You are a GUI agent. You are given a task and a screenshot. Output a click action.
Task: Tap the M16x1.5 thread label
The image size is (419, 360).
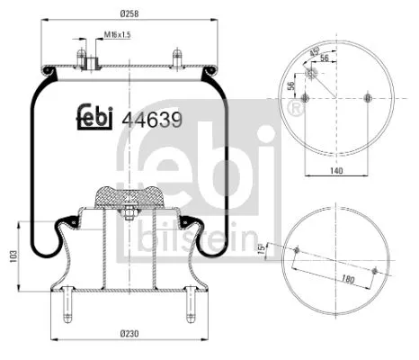[x=117, y=35]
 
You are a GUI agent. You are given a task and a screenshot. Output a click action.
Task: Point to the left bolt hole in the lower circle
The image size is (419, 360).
[x=298, y=249]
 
